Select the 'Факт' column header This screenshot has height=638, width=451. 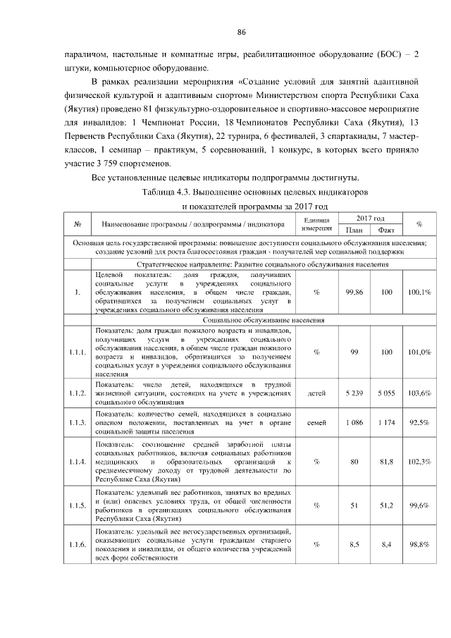click(385, 230)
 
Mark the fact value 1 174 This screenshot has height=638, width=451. click(385, 422)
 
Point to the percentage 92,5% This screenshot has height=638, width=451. click(419, 422)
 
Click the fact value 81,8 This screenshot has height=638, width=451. click(385, 462)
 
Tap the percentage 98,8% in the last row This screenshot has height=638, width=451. click(419, 544)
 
